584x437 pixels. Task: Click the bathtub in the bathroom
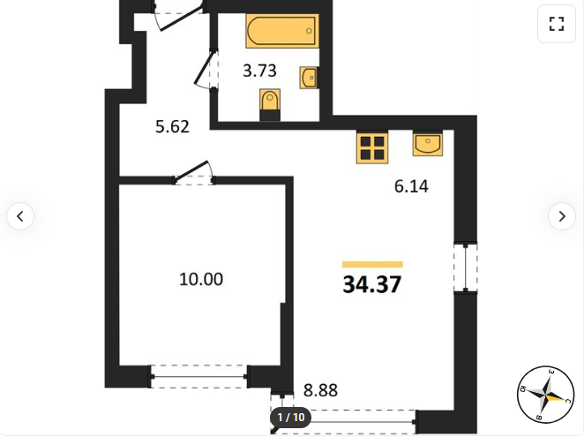(x=282, y=31)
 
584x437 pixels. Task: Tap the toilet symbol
(x=270, y=105)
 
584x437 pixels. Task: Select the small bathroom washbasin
(x=309, y=78)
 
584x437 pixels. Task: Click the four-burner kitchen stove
(x=372, y=148)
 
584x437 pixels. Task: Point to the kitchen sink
(x=428, y=143)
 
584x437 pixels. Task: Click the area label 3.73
(x=259, y=71)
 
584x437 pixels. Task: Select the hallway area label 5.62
(x=172, y=127)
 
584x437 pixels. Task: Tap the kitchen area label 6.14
(x=411, y=186)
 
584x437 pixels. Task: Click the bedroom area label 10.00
(x=201, y=279)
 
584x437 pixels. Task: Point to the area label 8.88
(x=321, y=390)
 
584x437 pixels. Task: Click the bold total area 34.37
(x=372, y=284)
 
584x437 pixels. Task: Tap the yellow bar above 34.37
(x=372, y=265)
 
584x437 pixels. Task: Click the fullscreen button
(x=557, y=24)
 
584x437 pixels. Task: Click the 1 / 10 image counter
(x=291, y=418)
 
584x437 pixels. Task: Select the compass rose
(x=546, y=395)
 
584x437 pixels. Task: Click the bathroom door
(x=205, y=70)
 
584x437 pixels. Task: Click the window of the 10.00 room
(x=198, y=377)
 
